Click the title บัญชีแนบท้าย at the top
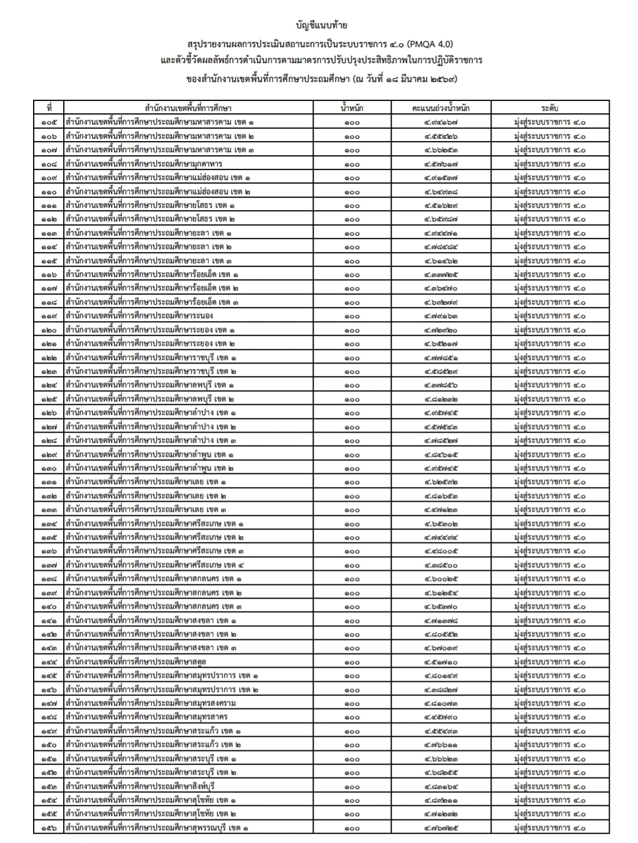[x=321, y=25]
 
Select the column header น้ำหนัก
[x=351, y=108]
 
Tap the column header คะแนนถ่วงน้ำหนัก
[x=441, y=108]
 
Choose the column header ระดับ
[x=549, y=108]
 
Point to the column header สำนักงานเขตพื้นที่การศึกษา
[x=188, y=108]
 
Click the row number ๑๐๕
[x=50, y=122]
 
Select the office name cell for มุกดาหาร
[x=144, y=164]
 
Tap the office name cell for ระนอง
[x=140, y=316]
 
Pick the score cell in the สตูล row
[x=441, y=662]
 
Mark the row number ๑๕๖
[x=50, y=828]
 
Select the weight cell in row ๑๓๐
[x=351, y=469]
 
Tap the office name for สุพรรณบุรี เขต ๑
[x=157, y=828]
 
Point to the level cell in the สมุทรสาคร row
[x=549, y=717]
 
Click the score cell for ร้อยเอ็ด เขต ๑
[x=441, y=275]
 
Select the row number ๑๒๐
[x=50, y=330]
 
